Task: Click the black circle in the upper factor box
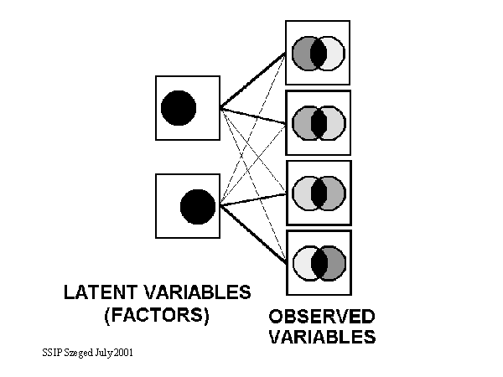(179, 107)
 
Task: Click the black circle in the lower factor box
(198, 206)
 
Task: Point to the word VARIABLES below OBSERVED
(322, 338)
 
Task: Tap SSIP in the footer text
(51, 353)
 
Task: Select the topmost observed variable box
(318, 53)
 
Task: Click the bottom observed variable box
(318, 263)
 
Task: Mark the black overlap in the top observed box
(319, 53)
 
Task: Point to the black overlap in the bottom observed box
(319, 263)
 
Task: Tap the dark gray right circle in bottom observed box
(335, 263)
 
